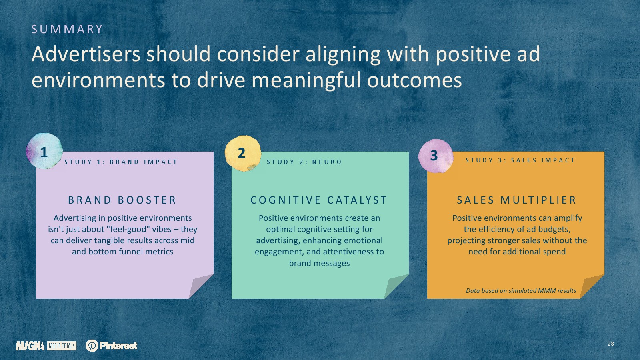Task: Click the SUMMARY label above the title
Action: click(67, 29)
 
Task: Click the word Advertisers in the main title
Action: click(86, 54)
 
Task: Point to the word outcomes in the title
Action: click(414, 80)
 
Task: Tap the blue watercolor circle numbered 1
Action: click(44, 151)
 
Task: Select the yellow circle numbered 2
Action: click(242, 154)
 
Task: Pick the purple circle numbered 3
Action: click(436, 156)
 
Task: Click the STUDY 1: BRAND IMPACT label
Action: click(121, 162)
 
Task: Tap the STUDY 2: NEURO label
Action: click(304, 162)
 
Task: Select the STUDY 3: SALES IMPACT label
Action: click(520, 160)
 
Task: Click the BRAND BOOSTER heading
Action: click(122, 200)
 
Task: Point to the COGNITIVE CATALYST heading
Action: click(319, 200)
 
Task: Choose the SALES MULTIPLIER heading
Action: click(516, 200)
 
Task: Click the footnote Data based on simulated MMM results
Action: click(521, 290)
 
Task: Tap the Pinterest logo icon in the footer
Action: click(92, 346)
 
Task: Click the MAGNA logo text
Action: click(30, 346)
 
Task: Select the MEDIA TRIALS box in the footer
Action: click(62, 346)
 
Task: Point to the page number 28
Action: click(610, 344)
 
